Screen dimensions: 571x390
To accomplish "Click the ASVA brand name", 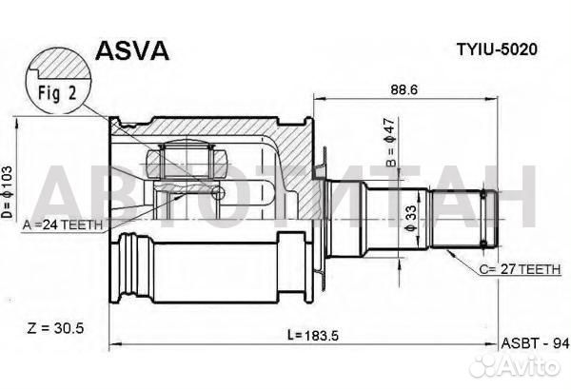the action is [132, 50].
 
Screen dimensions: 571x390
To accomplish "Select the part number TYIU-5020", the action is [497, 49].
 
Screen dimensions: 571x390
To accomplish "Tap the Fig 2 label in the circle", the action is [57, 93].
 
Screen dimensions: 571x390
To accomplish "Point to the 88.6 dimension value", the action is [404, 89].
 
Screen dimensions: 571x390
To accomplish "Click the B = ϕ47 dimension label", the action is [390, 143].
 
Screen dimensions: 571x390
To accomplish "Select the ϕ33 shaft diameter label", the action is [410, 218].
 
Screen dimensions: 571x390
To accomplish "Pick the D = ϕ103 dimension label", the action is [7, 192].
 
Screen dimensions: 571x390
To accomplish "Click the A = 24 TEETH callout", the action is [62, 225].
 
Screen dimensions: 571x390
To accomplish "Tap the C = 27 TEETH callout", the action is [520, 269].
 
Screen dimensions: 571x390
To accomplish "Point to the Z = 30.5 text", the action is [55, 328].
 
